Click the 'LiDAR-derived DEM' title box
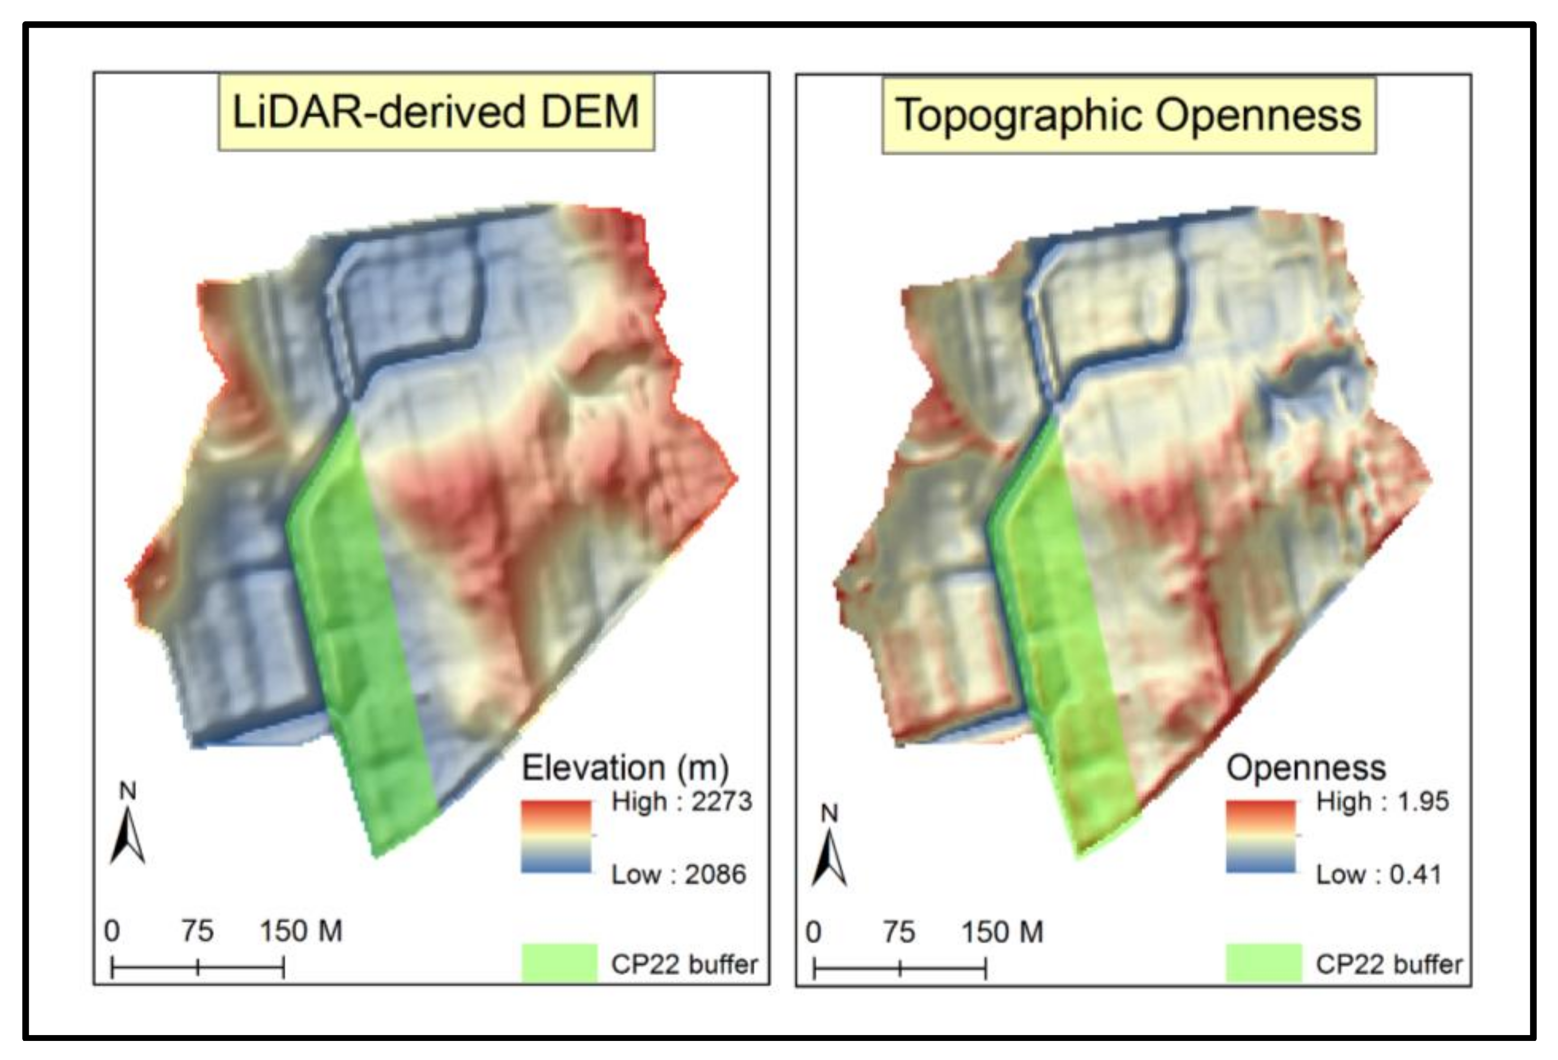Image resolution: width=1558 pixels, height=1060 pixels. [436, 112]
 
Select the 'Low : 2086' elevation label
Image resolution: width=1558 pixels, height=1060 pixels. [678, 874]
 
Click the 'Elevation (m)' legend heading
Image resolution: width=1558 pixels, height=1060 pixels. [625, 768]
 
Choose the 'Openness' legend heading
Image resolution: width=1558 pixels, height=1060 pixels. [1305, 768]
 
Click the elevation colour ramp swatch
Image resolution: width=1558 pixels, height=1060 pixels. [557, 836]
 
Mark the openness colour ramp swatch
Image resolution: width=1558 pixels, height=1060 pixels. [1260, 836]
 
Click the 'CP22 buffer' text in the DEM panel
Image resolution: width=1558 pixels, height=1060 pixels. [684, 964]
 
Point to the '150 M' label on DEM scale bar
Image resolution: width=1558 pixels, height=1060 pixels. [301, 931]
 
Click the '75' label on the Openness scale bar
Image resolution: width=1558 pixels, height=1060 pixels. [899, 932]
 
